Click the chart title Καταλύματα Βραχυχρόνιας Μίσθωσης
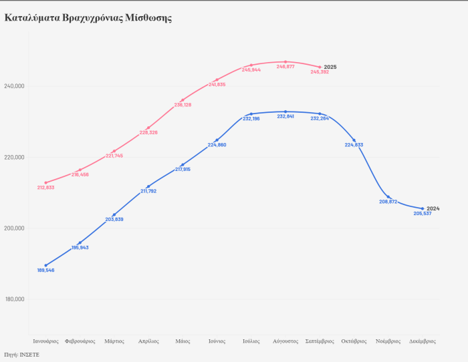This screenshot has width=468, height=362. pos(88,17)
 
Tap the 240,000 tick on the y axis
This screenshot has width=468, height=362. pos(14,86)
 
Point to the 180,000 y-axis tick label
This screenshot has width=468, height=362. pos(14,299)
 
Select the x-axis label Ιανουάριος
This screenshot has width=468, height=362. pos(46,341)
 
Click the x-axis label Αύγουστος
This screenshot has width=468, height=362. pos(285,341)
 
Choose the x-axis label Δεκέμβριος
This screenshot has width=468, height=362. pos(423,341)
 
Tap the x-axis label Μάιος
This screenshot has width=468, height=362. pos(183,341)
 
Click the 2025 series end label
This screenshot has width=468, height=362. pos(330,67)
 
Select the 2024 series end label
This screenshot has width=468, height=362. pos(433,208)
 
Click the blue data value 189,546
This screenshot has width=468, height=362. pos(46,270)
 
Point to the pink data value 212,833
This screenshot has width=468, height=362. pos(46,188)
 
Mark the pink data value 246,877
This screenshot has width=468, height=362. pos(285,67)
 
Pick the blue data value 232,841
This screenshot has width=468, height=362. pos(285,117)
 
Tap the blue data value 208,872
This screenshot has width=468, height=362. pos(388,202)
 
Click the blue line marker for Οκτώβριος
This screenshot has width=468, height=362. pos(354,140)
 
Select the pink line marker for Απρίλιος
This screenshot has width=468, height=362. pos(148,128)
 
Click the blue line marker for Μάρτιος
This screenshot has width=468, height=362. pos(114,214)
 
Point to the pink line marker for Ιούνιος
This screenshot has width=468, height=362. pos(217,79)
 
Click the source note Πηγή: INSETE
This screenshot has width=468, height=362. pos(22,355)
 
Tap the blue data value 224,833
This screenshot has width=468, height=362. pos(354,146)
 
